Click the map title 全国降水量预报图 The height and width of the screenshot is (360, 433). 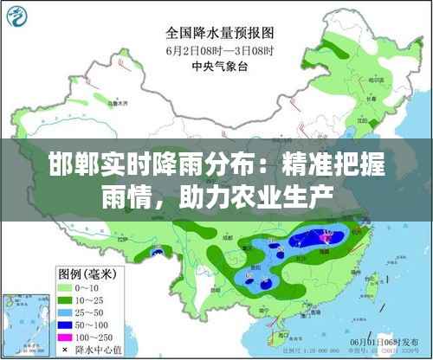(x=220, y=32)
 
